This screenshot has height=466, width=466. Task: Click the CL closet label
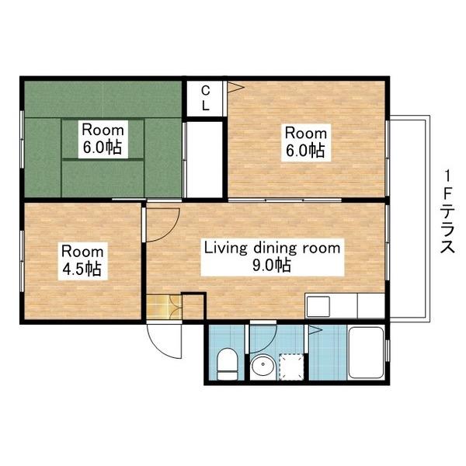(205, 99)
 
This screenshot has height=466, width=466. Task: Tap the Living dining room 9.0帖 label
(273, 257)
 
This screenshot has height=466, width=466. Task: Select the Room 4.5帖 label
(82, 260)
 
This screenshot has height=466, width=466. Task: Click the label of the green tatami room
(103, 139)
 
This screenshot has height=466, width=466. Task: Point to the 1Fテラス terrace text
(447, 211)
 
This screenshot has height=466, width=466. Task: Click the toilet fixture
(228, 364)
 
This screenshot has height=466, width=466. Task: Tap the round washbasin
(263, 367)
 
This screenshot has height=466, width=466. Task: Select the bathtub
(366, 353)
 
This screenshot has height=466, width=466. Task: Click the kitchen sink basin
(318, 307)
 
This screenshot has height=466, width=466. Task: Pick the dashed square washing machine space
(291, 367)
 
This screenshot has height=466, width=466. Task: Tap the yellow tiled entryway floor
(164, 308)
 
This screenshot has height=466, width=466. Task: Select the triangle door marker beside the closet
(235, 87)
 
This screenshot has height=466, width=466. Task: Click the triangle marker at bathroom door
(315, 329)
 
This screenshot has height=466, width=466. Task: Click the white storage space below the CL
(205, 159)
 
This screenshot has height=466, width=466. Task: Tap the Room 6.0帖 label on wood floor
(306, 142)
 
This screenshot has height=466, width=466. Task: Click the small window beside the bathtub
(387, 350)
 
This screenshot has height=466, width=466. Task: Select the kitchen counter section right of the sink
(370, 306)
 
